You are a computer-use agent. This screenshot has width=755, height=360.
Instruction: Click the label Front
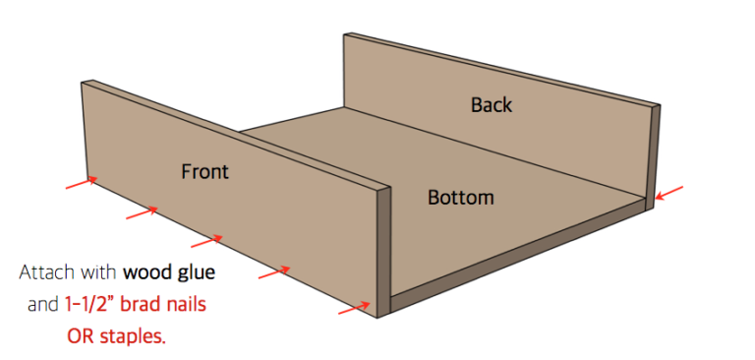204,171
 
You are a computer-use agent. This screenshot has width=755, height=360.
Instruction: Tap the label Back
491,103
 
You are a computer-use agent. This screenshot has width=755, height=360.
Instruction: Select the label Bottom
460,198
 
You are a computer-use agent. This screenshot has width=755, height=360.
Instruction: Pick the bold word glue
196,270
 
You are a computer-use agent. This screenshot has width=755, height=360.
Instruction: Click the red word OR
80,337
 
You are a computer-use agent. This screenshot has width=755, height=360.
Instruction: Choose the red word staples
133,337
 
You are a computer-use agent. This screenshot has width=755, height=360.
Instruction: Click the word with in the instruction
99,270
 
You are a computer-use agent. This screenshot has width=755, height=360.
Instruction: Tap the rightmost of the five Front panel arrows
354,309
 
